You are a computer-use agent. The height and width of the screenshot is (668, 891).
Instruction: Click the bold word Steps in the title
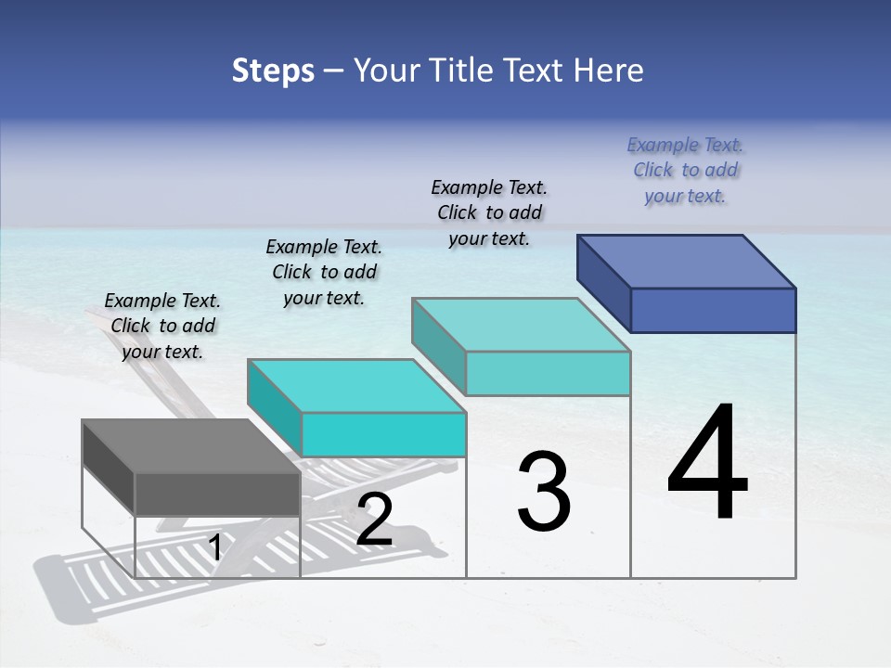[273, 71]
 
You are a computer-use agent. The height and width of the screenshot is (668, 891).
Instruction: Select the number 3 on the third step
[544, 491]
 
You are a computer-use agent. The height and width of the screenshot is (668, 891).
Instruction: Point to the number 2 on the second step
[374, 520]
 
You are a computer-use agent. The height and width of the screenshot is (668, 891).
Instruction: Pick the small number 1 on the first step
[214, 548]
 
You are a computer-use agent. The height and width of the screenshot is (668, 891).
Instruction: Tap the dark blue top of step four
[687, 261]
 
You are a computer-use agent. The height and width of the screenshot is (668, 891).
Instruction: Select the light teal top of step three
[521, 325]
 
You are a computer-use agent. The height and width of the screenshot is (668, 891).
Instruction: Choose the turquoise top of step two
[356, 386]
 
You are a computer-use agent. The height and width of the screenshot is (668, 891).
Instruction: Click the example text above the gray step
[162, 326]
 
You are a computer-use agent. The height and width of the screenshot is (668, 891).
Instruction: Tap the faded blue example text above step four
[685, 170]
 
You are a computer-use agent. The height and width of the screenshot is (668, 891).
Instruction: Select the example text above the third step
[489, 212]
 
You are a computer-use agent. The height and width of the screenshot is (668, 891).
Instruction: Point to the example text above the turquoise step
[324, 272]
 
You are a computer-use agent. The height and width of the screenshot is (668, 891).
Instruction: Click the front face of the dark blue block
[713, 310]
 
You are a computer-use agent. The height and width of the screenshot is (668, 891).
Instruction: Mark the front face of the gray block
[217, 494]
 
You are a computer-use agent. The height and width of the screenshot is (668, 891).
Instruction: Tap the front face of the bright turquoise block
[383, 434]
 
